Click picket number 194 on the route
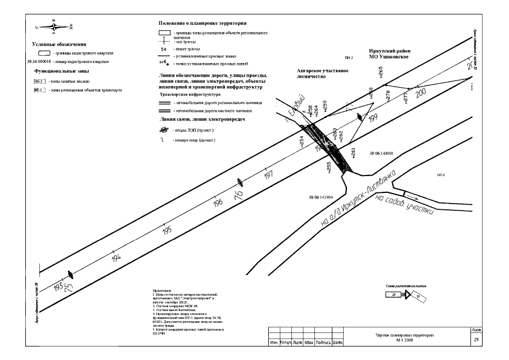point(116,258)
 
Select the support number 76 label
point(239,195)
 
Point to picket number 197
point(268,175)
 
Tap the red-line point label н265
point(381,71)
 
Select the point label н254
point(302,141)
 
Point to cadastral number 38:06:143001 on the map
point(385,152)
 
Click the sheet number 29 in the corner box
point(476,340)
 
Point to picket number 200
point(421,94)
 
